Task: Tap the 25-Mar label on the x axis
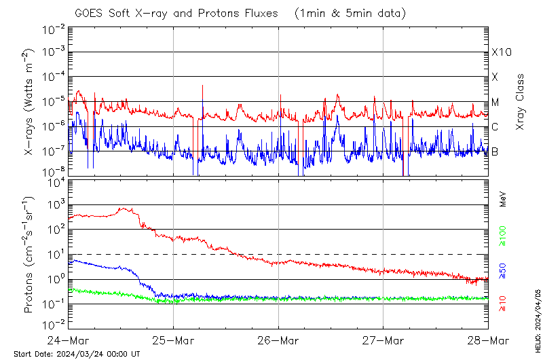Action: [x=174, y=340]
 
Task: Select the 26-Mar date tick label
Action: [x=278, y=340]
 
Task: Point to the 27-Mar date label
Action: [x=383, y=340]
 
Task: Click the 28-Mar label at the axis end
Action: [x=488, y=340]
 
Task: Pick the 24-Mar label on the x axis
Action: [x=69, y=340]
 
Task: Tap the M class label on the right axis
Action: [x=495, y=103]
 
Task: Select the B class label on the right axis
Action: [x=495, y=151]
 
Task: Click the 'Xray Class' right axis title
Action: [x=521, y=102]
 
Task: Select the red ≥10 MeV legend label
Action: [x=503, y=304]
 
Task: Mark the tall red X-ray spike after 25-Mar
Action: [x=202, y=92]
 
